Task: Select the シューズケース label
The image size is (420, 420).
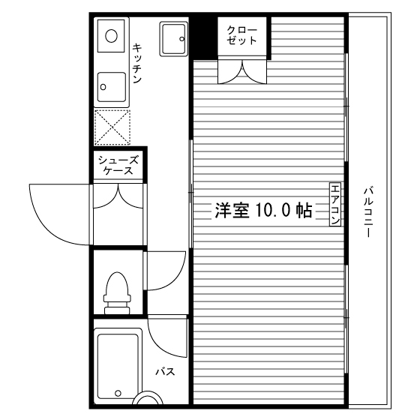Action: coord(118,165)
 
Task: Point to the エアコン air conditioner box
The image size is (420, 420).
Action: coord(335,204)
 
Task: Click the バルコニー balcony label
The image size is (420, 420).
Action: coord(368,211)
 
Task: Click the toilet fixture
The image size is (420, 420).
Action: coord(116,292)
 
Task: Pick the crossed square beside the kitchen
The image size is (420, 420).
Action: coord(112,126)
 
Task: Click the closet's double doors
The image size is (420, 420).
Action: coord(242,70)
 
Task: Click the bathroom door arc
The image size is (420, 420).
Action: coord(166,333)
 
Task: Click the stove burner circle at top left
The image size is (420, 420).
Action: coord(110,34)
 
